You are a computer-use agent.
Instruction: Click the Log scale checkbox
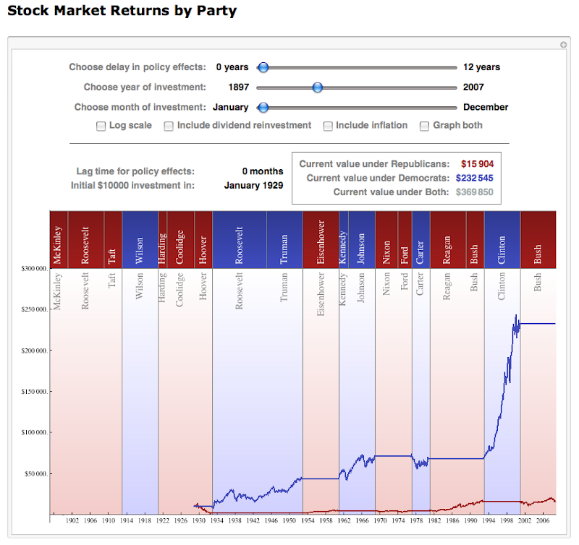click(x=101, y=126)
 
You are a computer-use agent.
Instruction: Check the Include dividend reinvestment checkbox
click(x=169, y=126)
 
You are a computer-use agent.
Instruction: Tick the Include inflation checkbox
click(x=328, y=126)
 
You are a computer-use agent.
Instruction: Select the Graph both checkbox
click(x=425, y=126)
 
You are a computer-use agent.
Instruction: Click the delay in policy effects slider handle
click(x=263, y=67)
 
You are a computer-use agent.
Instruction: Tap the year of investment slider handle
click(x=317, y=87)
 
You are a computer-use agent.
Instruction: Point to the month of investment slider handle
click(x=263, y=108)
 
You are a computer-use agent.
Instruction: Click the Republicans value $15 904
click(x=477, y=164)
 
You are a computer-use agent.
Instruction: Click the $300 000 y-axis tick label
click(x=35, y=268)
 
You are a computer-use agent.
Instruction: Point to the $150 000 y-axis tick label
click(x=35, y=392)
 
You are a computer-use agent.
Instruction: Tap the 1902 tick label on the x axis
click(x=72, y=520)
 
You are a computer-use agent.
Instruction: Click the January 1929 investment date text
click(x=253, y=185)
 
